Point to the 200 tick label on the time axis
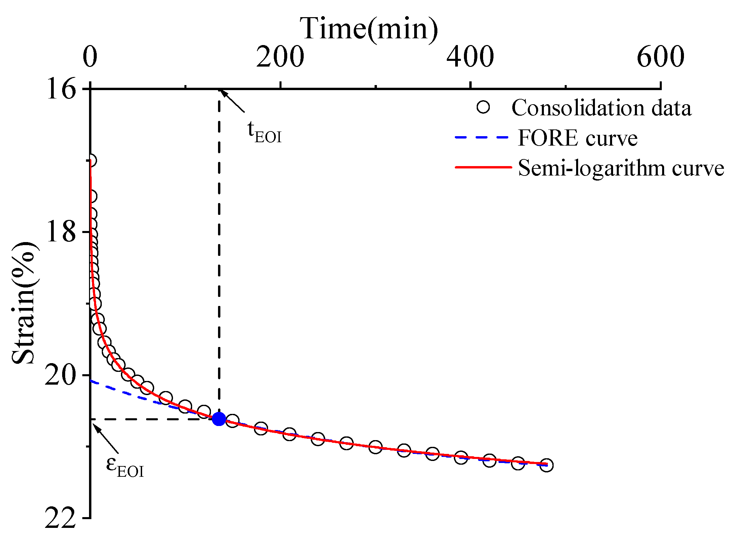coord(280,57)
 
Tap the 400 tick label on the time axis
coord(470,57)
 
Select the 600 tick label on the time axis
coord(660,57)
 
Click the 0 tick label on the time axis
coord(90,57)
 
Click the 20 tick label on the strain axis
coord(60,375)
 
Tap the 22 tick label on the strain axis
coord(60,518)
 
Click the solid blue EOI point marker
coord(219,419)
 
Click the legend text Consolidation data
coord(601,108)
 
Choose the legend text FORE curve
coord(577,138)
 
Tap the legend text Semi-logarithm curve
coord(621,167)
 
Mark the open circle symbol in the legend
coord(483,107)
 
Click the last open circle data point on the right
coord(547,465)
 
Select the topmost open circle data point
coord(91,160)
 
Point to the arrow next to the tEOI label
coord(232,101)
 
